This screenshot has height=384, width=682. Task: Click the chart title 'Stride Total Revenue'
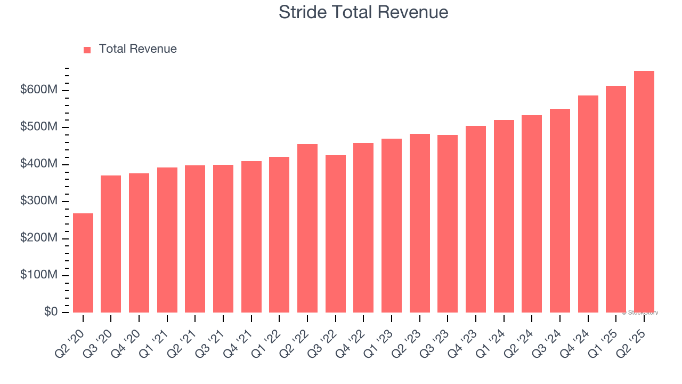coord(363,12)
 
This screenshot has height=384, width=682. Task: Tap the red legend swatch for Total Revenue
coord(87,50)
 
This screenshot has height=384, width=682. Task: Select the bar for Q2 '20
coord(83,263)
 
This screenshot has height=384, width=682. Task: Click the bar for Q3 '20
coord(111,244)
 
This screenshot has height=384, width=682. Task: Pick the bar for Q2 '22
coord(307,228)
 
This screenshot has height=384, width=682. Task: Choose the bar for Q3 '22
coord(336,234)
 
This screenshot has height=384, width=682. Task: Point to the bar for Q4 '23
coord(476,219)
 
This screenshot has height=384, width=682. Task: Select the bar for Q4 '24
coord(588,204)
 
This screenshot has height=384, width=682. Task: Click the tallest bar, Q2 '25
coord(644,191)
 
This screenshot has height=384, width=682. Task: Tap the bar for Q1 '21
coord(167,240)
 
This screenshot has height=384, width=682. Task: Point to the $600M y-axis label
coord(39,90)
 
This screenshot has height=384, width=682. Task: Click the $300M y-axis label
coord(39,201)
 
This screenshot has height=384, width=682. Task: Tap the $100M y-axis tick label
coord(39,275)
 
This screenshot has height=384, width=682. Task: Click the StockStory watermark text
coord(640,313)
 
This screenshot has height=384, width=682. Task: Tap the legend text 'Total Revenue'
coord(137,49)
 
